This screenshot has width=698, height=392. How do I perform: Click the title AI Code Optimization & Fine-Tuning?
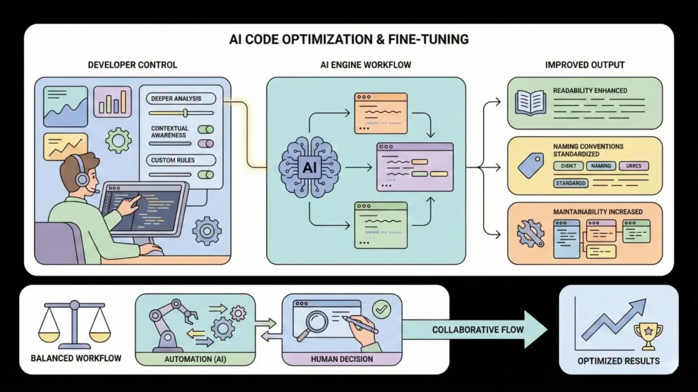349,39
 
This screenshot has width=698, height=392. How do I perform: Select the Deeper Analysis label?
177,99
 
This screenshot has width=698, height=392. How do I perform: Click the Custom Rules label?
173,161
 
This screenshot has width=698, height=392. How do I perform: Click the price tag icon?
530,164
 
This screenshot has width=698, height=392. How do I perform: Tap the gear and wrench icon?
530,232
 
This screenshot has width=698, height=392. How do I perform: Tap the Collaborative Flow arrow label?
479,330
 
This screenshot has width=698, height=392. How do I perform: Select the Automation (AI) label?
195,359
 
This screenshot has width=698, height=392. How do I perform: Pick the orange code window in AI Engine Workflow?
379,113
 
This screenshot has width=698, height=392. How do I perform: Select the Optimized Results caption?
618,360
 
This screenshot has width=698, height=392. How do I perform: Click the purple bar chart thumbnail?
112,101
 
